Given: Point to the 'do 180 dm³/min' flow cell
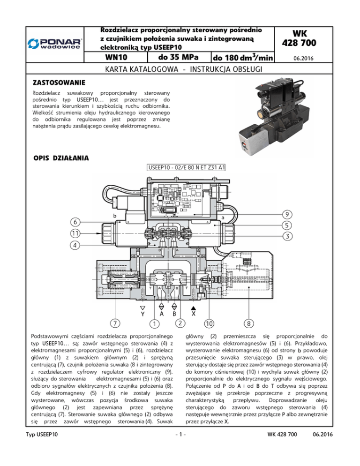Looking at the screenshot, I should pyautogui.click(x=243, y=59).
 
